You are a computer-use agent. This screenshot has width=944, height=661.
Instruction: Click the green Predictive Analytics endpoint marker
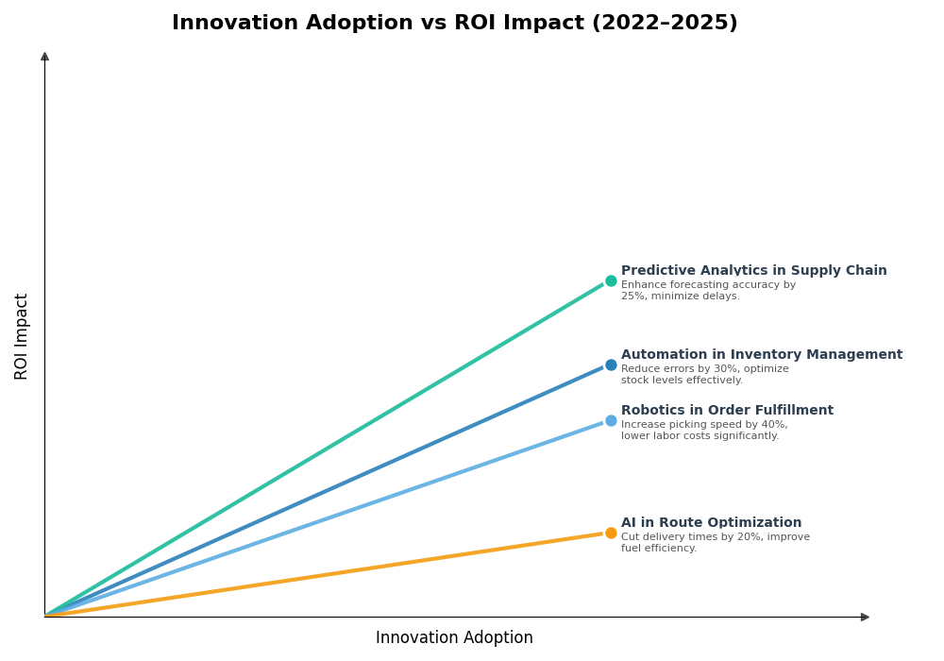point(611,280)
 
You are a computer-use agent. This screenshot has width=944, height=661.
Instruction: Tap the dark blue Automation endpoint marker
point(611,364)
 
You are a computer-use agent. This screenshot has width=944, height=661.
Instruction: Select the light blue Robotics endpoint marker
point(611,420)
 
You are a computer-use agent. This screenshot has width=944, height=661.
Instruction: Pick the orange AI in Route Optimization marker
point(611,533)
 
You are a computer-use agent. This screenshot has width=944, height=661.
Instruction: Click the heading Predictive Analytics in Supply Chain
point(753,271)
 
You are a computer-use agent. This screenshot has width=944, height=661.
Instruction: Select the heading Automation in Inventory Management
point(761,355)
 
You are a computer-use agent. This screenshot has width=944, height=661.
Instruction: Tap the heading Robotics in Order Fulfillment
point(727,411)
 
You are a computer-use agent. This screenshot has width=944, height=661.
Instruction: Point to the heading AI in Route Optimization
point(711,523)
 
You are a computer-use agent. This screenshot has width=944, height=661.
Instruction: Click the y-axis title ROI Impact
point(22,336)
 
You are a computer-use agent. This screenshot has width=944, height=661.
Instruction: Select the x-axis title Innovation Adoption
point(454,638)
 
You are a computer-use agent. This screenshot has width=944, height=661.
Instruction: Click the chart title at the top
point(454,23)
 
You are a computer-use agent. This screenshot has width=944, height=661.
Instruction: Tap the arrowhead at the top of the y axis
point(44,57)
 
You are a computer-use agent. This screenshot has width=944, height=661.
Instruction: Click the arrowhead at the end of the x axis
point(864,617)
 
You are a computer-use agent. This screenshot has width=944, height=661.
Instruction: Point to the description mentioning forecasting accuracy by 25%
point(708,291)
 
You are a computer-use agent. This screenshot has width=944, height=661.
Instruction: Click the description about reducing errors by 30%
point(704,375)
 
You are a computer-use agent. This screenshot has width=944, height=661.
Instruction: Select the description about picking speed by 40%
point(704,431)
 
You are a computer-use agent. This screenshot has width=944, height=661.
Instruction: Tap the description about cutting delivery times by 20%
point(715,543)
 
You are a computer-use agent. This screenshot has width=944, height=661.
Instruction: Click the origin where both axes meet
point(44,617)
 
